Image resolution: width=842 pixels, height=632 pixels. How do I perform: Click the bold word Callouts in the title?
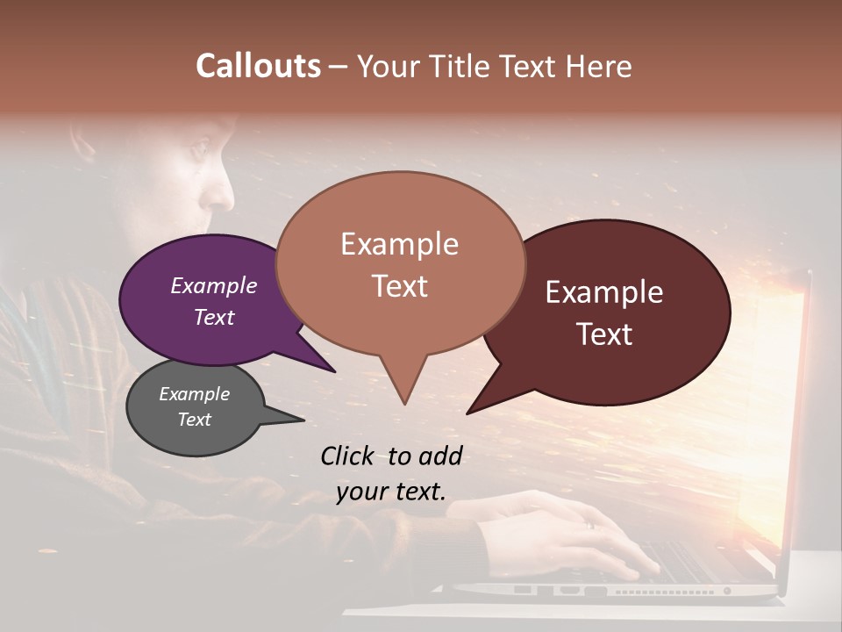[258, 66]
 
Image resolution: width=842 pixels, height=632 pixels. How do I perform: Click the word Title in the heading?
[464, 66]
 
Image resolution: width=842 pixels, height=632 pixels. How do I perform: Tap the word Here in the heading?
[599, 66]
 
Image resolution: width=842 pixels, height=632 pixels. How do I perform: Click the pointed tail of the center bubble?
[403, 391]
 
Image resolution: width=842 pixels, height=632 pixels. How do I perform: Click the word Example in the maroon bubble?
[604, 291]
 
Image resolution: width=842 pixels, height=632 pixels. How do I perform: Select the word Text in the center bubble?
[400, 286]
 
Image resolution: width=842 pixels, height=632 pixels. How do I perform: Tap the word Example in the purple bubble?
[213, 285]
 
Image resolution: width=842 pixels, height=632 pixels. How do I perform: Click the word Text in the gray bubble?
[194, 420]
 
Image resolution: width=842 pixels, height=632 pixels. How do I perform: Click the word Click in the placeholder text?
[349, 456]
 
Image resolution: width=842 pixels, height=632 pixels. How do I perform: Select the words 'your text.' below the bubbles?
[391, 492]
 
